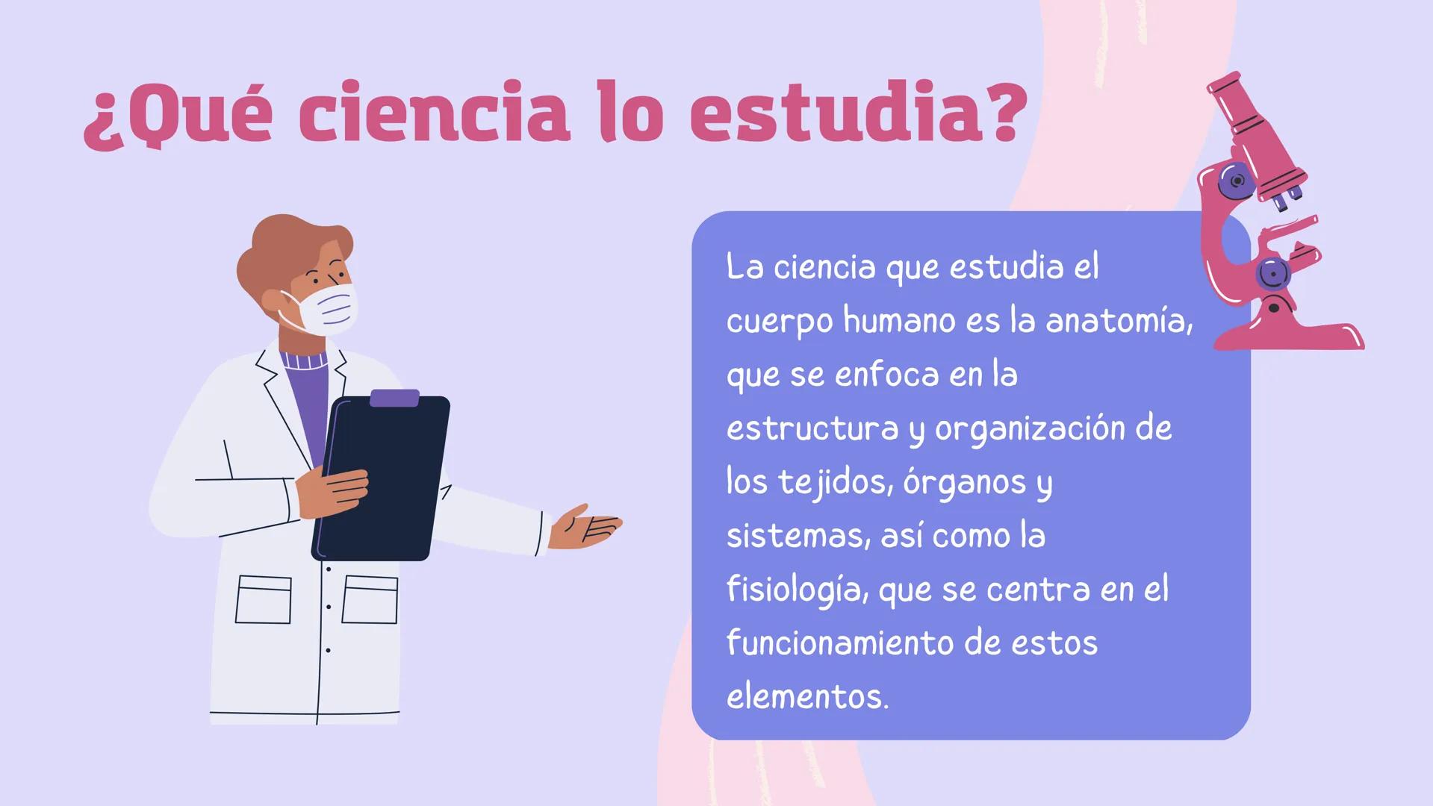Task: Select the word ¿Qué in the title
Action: click(177, 116)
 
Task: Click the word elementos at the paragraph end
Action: click(806, 697)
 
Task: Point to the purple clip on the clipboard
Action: click(394, 398)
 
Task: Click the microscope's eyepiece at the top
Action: click(1225, 87)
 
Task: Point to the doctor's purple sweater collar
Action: click(304, 360)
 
